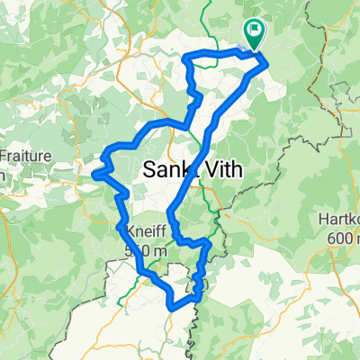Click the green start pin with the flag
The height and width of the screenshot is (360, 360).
[x=253, y=34]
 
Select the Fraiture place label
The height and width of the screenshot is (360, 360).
[x=20, y=154]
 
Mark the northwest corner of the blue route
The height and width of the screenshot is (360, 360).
[x=185, y=58]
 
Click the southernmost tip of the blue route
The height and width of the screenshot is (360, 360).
[x=172, y=309]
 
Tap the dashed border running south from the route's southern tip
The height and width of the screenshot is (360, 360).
[x=195, y=337]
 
